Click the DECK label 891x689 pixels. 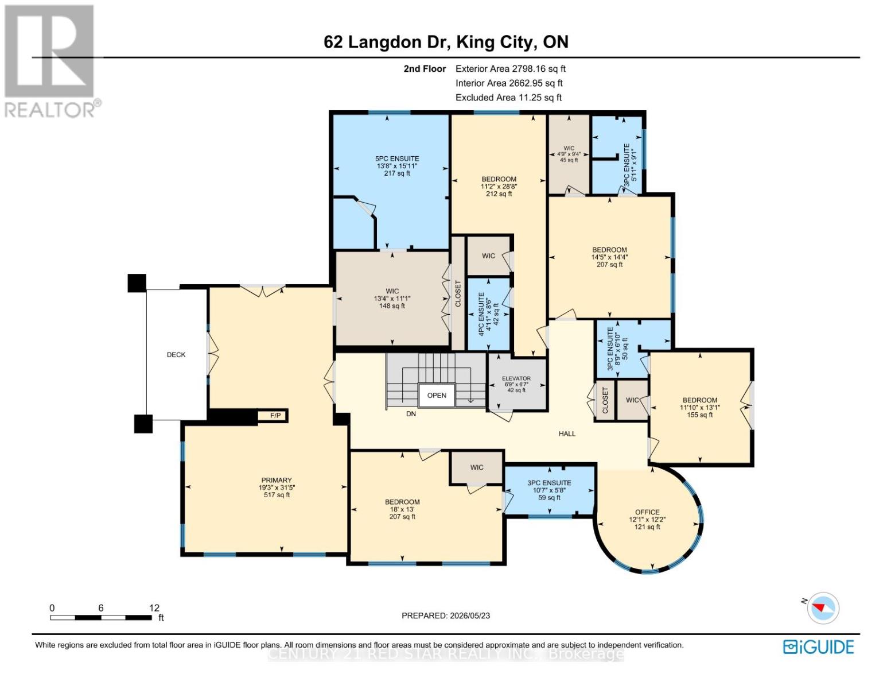(x=176, y=355)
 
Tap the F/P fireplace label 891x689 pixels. (x=275, y=416)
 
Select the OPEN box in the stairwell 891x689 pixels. (x=437, y=395)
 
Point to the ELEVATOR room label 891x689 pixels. (x=516, y=378)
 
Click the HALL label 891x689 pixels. (x=567, y=433)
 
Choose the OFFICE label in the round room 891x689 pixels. (x=647, y=512)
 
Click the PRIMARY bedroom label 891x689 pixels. (x=277, y=480)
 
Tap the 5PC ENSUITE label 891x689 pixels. (x=397, y=159)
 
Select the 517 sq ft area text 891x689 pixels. (x=277, y=495)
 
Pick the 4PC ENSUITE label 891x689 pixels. (x=481, y=314)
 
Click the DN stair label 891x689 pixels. (x=411, y=414)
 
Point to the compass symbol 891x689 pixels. (x=823, y=608)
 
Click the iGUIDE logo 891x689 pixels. (x=818, y=647)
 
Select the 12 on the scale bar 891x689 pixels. (x=154, y=607)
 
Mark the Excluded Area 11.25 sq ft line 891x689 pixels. (x=508, y=98)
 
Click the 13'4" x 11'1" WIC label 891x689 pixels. (x=392, y=299)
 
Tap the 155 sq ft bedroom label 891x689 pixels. (x=700, y=415)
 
